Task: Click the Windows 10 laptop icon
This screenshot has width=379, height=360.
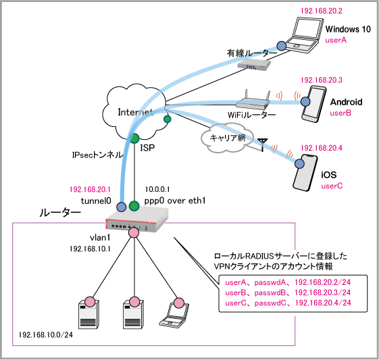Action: click(303, 35)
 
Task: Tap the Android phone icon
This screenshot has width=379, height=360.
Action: click(314, 104)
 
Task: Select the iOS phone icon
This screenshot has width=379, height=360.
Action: click(305, 173)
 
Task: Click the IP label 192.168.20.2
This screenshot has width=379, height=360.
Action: click(321, 11)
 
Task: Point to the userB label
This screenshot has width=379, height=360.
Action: click(340, 113)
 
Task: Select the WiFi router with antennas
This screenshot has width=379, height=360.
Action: click(253, 101)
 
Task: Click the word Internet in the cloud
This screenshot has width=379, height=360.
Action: click(135, 112)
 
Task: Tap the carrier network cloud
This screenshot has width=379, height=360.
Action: click(228, 138)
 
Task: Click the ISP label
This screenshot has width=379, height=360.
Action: click(147, 148)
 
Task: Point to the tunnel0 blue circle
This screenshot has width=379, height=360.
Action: click(122, 207)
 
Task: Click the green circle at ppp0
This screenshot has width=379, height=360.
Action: click(134, 206)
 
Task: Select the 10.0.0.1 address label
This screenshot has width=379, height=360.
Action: click(157, 189)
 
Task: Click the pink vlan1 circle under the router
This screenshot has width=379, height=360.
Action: click(134, 232)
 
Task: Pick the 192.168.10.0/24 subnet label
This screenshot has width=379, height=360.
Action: click(46, 334)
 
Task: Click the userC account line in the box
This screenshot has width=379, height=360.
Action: click(288, 303)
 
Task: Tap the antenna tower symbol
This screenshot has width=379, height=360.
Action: click(263, 145)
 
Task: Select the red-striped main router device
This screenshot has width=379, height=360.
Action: click(137, 221)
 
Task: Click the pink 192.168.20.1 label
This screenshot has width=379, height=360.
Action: click(90, 189)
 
